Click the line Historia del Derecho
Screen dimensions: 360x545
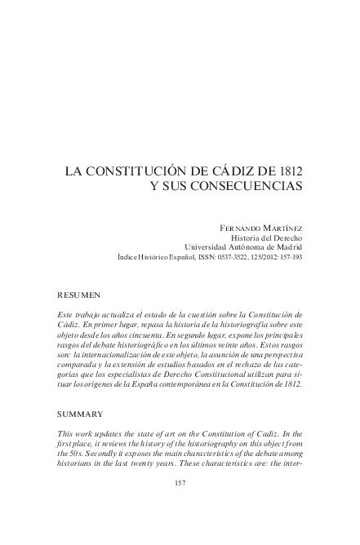(267, 236)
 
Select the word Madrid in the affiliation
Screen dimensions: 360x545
(285, 246)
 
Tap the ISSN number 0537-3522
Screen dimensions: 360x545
(233, 256)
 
